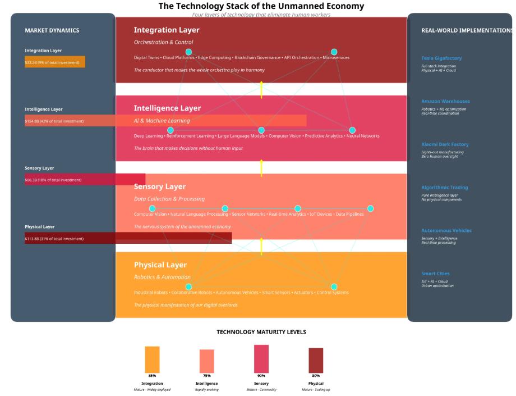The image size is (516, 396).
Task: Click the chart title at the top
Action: point(261,6)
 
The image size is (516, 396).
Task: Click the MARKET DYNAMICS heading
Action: point(52,30)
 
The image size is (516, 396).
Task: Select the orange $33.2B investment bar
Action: point(55,62)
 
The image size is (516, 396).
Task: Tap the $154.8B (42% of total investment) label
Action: point(54,121)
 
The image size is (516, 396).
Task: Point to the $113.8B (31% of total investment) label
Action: point(54,239)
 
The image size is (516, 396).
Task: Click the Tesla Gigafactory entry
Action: point(441,58)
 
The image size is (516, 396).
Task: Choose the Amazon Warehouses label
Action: point(445,101)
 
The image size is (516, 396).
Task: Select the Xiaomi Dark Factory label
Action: point(445,144)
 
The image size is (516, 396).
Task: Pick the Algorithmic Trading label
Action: point(444,188)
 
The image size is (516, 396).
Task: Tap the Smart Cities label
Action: point(435,274)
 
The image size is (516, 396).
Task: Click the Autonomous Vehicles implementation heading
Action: point(446,230)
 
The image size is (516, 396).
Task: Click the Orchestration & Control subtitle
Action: point(163,42)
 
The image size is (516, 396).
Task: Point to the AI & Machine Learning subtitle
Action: point(162,121)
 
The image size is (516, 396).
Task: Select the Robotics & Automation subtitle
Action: point(162,277)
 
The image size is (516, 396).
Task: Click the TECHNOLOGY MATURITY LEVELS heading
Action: point(261,332)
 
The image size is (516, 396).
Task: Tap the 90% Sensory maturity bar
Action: point(261,358)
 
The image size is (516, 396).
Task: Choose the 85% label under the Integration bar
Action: point(152,376)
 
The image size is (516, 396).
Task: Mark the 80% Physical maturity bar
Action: point(316,360)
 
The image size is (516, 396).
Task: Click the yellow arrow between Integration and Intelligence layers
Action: point(261,90)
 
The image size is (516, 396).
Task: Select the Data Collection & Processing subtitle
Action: point(169,199)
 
